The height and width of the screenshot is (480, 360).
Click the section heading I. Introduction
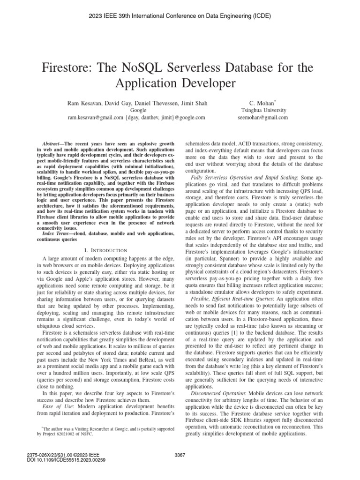coord(108,251)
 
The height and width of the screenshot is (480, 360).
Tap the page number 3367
coord(180,455)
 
